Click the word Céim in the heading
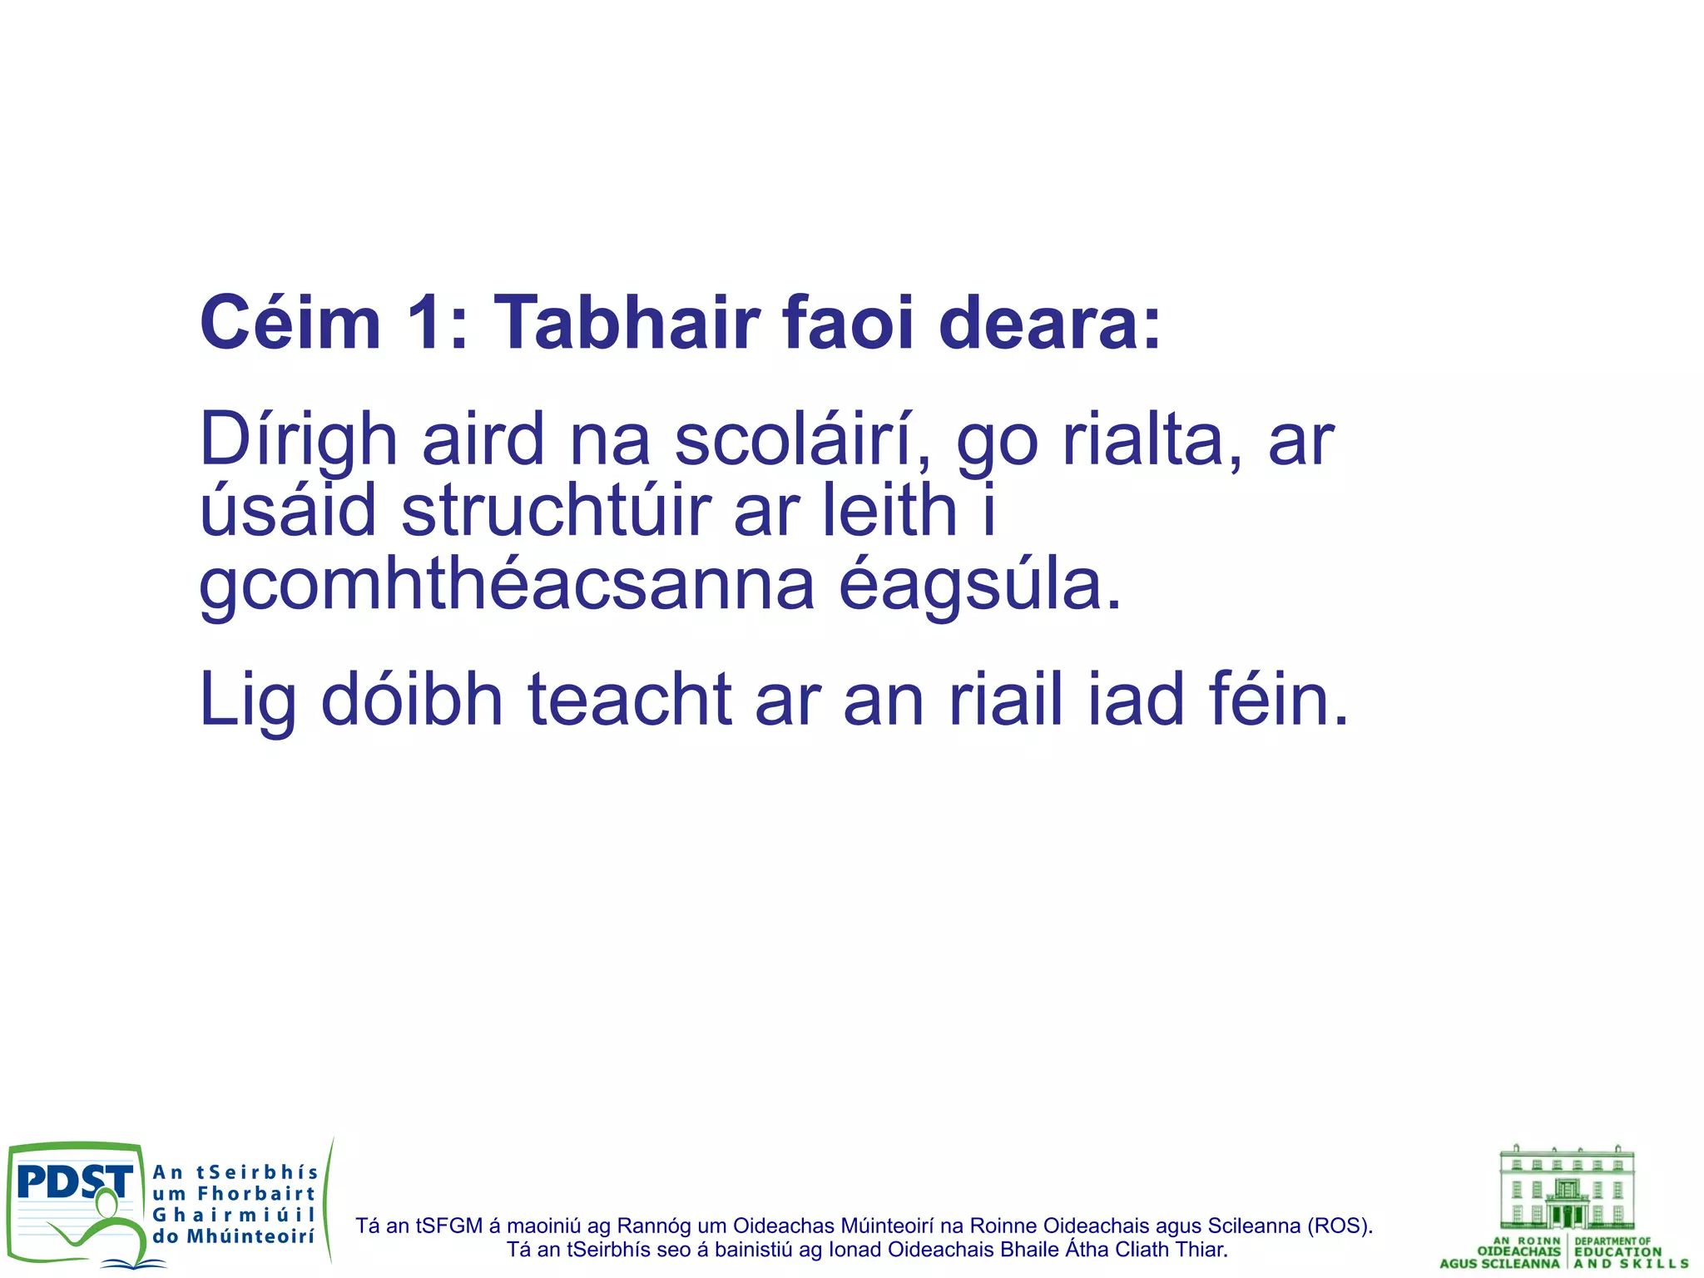click(290, 323)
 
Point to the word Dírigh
click(298, 441)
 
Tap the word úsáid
click(288, 511)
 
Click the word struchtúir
click(557, 511)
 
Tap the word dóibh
click(412, 701)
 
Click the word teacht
click(630, 701)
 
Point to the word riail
click(1006, 701)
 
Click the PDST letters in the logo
click(74, 1182)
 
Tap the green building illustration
click(1567, 1188)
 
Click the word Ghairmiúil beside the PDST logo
click(234, 1216)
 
